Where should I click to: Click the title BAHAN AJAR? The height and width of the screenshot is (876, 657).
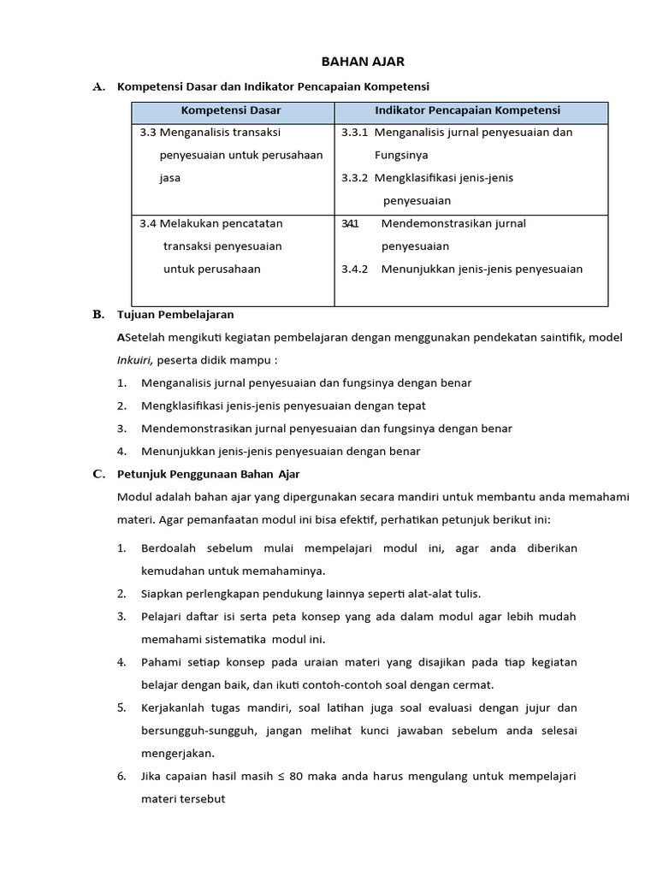351,62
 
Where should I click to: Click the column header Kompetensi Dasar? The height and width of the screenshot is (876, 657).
231,110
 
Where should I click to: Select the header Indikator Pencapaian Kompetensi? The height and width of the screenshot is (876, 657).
468,110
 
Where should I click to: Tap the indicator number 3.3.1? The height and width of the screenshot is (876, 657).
354,133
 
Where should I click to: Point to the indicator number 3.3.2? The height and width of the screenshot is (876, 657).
354,178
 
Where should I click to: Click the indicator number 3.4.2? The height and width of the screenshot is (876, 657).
354,269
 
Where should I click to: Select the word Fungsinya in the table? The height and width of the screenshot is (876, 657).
401,156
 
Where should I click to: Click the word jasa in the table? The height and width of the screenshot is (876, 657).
169,178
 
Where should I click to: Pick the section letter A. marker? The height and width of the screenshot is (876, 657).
98,86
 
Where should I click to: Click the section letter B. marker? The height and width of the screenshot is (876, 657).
98,314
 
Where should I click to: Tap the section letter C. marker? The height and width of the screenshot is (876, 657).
98,473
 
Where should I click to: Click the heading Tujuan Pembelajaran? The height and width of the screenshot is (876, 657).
175,315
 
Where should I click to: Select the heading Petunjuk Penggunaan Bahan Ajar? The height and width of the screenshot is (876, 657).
209,474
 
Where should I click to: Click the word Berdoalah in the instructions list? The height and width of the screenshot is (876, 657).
169,548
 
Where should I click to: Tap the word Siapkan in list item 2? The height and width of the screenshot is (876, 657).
163,594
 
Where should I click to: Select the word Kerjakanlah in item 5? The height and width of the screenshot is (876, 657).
175,707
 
